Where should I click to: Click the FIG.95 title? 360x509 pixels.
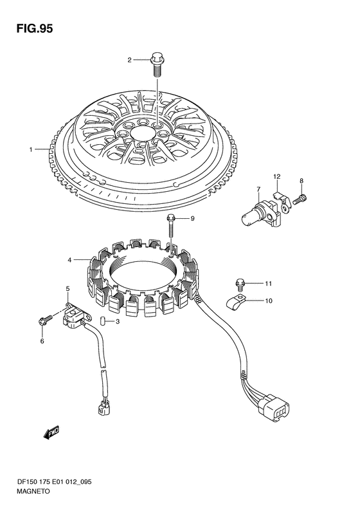(x=34, y=29)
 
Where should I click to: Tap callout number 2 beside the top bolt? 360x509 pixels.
(x=129, y=60)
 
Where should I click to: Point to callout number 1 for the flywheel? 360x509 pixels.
(x=31, y=150)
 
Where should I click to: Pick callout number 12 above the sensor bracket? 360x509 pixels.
(x=276, y=176)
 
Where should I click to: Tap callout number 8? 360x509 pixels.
(x=301, y=181)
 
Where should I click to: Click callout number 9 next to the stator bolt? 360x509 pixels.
(x=192, y=219)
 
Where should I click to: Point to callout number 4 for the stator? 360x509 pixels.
(x=69, y=260)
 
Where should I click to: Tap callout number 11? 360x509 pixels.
(x=268, y=284)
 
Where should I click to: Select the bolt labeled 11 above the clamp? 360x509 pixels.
(x=240, y=283)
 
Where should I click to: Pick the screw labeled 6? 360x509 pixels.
(x=45, y=320)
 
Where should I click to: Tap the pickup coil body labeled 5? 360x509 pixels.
(x=76, y=315)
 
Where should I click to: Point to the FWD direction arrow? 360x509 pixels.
(x=51, y=432)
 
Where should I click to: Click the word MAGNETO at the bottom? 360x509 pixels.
(x=33, y=491)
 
